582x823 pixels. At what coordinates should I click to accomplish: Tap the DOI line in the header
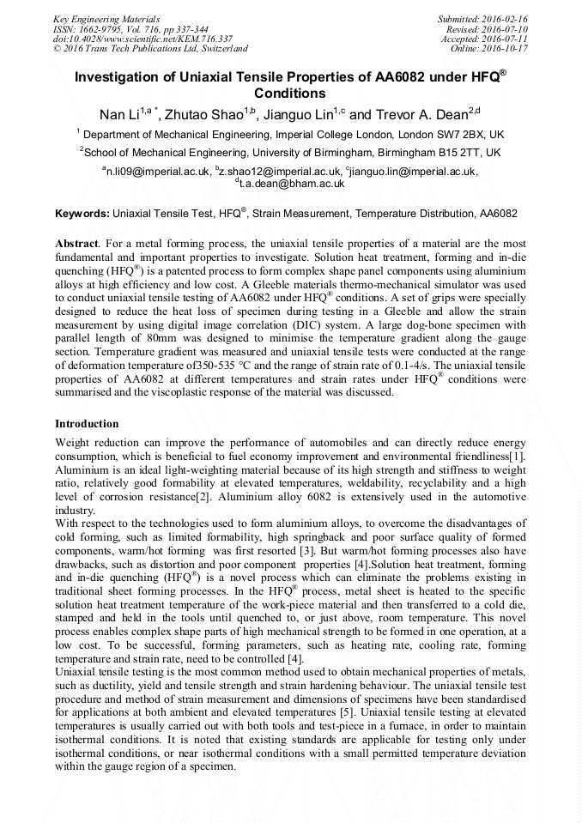pos(142,39)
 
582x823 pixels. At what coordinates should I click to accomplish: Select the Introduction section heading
pos(87,424)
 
